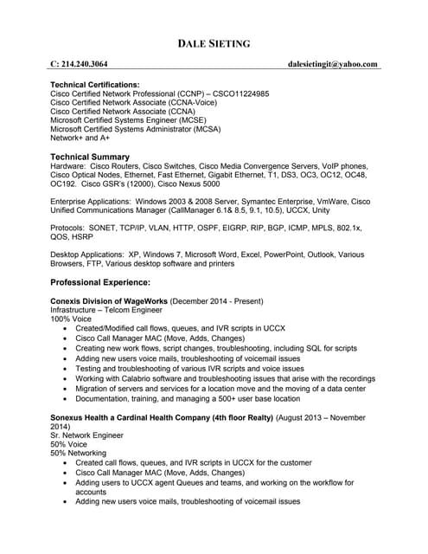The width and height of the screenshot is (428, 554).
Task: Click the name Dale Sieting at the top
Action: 214,43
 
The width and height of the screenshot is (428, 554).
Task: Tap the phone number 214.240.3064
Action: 85,64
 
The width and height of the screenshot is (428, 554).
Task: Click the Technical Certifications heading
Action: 95,85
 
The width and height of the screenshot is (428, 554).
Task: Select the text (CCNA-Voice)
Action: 195,102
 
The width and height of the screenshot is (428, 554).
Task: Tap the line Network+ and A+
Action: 80,137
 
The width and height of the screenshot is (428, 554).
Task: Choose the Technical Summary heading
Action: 90,156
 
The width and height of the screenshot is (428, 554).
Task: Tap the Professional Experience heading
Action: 100,282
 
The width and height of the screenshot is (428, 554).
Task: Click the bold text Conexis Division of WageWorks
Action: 109,300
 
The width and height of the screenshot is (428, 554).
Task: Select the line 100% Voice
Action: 73,319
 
